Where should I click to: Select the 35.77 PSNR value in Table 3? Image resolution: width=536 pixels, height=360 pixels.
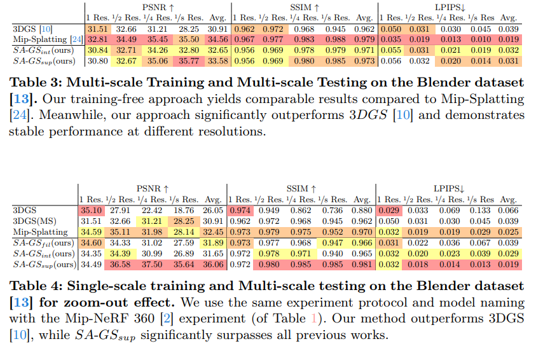pyautogui.click(x=189, y=62)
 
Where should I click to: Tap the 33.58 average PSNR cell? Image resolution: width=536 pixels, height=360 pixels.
pyautogui.click(x=217, y=62)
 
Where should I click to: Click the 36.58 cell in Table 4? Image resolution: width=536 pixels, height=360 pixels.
pyautogui.click(x=121, y=265)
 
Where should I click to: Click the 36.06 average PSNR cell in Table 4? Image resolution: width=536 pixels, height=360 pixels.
pyautogui.click(x=213, y=265)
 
